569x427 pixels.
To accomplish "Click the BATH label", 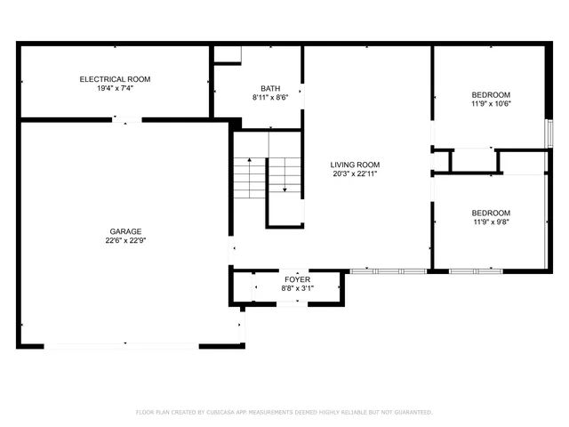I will coord(270,89).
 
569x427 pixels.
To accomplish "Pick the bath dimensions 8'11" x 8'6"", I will coord(270,98).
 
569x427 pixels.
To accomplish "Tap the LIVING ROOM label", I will coord(355,165).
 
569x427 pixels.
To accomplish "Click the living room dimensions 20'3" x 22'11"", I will coord(355,173).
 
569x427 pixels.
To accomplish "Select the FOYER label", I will coord(297,279).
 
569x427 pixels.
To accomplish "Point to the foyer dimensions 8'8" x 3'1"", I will coord(297,288).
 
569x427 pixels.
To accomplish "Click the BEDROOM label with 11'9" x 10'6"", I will coord(491,95).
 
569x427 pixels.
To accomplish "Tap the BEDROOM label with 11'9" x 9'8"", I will coord(491,213).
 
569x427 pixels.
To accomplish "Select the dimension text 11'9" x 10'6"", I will coord(491,104).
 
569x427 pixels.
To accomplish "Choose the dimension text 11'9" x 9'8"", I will coord(491,222).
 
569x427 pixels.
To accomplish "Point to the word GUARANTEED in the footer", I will coord(412,413).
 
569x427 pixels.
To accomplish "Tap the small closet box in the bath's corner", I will coord(228,54).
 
